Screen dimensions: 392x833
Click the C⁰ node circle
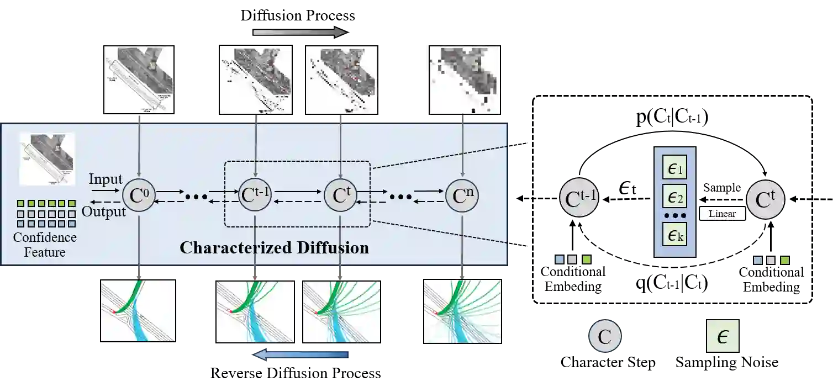pyautogui.click(x=139, y=195)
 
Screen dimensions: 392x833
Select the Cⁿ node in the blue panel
pyautogui.click(x=462, y=195)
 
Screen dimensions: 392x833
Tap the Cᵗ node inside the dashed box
pyautogui.click(x=340, y=195)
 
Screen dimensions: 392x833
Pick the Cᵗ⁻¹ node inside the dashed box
pyautogui.click(x=255, y=195)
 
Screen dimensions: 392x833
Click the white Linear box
pyautogui.click(x=722, y=214)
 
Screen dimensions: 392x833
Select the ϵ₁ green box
pyautogui.click(x=675, y=167)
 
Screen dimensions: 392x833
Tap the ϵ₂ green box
pyautogui.click(x=675, y=195)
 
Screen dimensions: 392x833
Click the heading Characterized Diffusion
pyautogui.click(x=274, y=247)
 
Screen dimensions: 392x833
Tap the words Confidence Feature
pyautogui.click(x=45, y=245)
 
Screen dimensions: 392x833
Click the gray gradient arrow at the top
pyautogui.click(x=299, y=32)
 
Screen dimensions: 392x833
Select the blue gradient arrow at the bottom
pyautogui.click(x=301, y=356)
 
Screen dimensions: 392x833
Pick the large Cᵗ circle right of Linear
pyautogui.click(x=766, y=200)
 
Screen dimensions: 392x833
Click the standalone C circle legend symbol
pyautogui.click(x=605, y=336)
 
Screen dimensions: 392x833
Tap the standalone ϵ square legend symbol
pyautogui.click(x=723, y=336)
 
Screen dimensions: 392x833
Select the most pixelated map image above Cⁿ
pyautogui.click(x=462, y=80)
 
